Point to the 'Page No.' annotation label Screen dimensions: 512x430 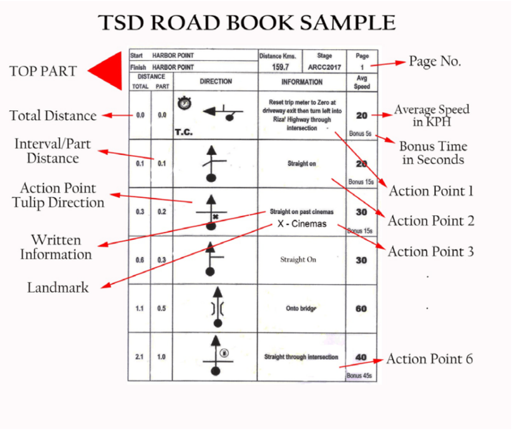pos(435,62)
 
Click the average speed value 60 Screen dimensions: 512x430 pos(361,308)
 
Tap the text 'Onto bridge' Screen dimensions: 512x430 pos(301,308)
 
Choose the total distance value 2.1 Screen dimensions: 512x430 pos(140,357)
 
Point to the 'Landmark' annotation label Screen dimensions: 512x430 pos(58,287)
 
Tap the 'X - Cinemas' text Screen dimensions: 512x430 pos(302,224)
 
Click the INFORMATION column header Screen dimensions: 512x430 pos(302,82)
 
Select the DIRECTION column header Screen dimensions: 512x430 pos(216,82)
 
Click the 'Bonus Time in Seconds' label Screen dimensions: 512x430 pos(433,153)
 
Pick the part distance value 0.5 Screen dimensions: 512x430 pos(161,308)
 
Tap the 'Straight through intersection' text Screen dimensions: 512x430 pos(301,357)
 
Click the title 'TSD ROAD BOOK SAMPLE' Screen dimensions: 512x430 pos(247,23)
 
